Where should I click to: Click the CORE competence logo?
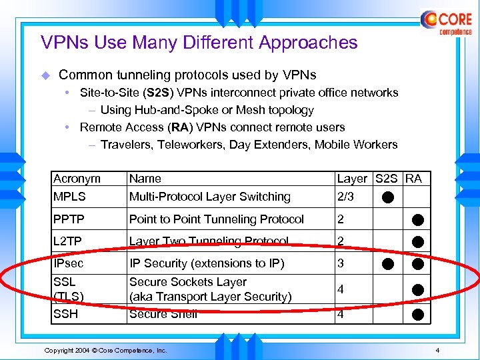447,22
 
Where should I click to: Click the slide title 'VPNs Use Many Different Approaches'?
199,43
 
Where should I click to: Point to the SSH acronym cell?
67,314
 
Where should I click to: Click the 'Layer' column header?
352,179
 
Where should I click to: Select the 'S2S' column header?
387,179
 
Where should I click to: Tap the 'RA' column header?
414,179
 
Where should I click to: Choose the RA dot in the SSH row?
417,314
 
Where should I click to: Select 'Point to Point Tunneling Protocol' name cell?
216,219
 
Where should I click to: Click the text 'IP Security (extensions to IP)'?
207,263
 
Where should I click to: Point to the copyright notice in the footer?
105,350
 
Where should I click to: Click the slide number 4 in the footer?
437,350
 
